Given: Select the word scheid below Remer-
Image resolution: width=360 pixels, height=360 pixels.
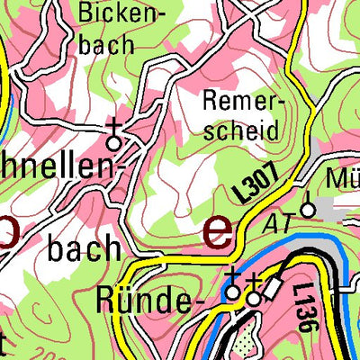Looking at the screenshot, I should coord(240,130).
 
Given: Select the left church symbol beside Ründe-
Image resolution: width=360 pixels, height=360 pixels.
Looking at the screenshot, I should coord(232,287).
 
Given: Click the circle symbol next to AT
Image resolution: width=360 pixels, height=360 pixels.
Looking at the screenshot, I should coord(308,209).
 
